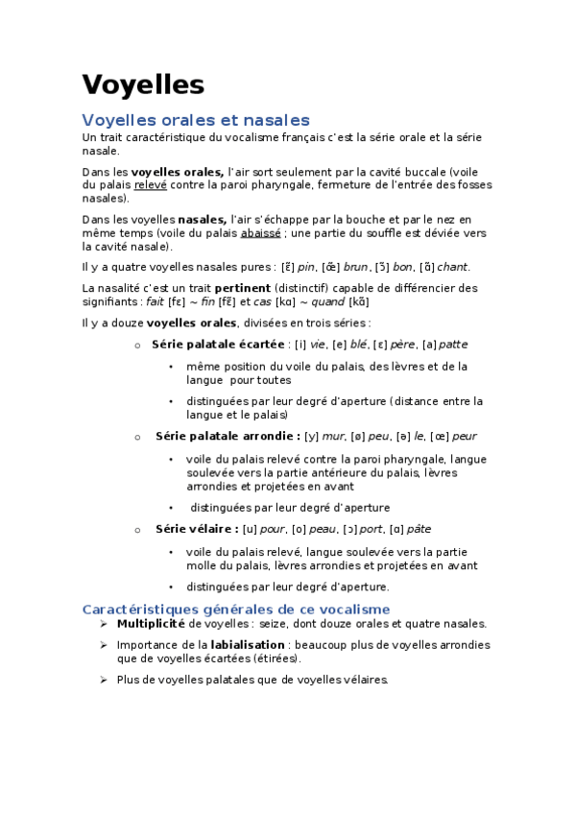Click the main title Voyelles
pyautogui.click(x=143, y=84)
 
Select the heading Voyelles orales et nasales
pyautogui.click(x=196, y=120)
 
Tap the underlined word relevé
pyautogui.click(x=150, y=184)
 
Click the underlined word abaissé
pyautogui.click(x=260, y=232)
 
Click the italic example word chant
pyautogui.click(x=453, y=267)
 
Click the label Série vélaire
pyautogui.click(x=197, y=528)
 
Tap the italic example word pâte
pyautogui.click(x=419, y=528)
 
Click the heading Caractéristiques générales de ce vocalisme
pyautogui.click(x=236, y=609)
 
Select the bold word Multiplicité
pyautogui.click(x=150, y=623)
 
